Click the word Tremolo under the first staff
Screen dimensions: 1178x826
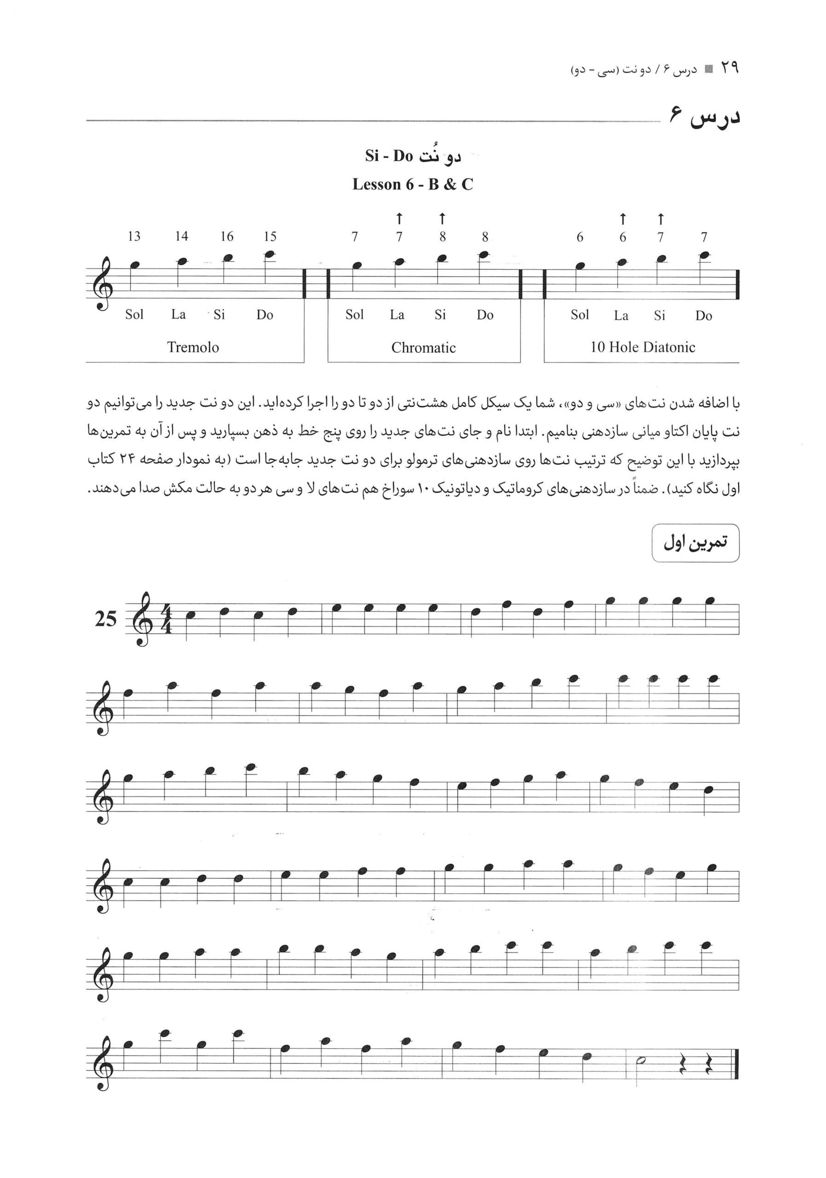tap(193, 347)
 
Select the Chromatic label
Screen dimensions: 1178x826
tap(423, 348)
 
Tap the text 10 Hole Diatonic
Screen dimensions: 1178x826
tap(642, 347)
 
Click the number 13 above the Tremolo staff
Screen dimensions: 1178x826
tap(134, 237)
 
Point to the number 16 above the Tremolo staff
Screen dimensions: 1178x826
tap(227, 237)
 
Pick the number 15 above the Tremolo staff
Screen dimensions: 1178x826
tap(270, 237)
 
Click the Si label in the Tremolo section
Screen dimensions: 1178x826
tap(219, 314)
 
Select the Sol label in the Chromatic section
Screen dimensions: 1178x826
tap(354, 314)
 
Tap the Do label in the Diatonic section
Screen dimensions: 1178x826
tap(704, 316)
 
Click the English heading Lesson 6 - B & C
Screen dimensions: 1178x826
tap(412, 184)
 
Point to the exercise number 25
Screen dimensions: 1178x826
tap(106, 619)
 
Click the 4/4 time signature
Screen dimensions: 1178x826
tap(166, 619)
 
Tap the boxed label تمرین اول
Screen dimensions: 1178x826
tap(695, 543)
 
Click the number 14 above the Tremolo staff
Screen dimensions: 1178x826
tap(181, 237)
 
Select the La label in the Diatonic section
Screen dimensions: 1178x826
tap(621, 316)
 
